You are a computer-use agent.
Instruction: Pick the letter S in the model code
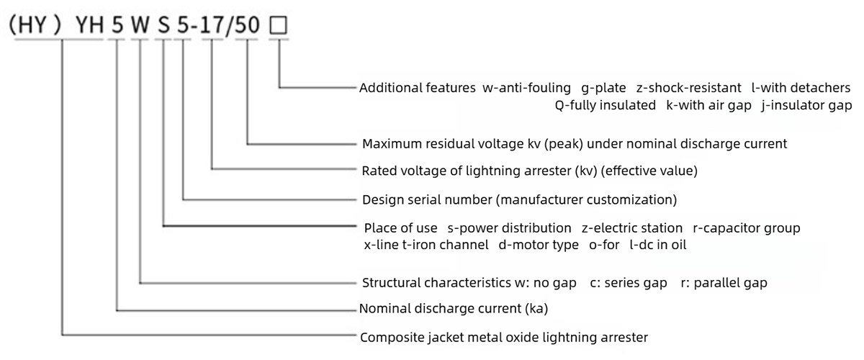[164, 27]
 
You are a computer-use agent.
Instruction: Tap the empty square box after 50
[278, 27]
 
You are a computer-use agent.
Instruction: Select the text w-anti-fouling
[527, 89]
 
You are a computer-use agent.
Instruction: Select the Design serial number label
[428, 199]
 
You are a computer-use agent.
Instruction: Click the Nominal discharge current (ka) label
[454, 310]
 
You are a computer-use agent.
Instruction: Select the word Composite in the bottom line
[390, 337]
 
